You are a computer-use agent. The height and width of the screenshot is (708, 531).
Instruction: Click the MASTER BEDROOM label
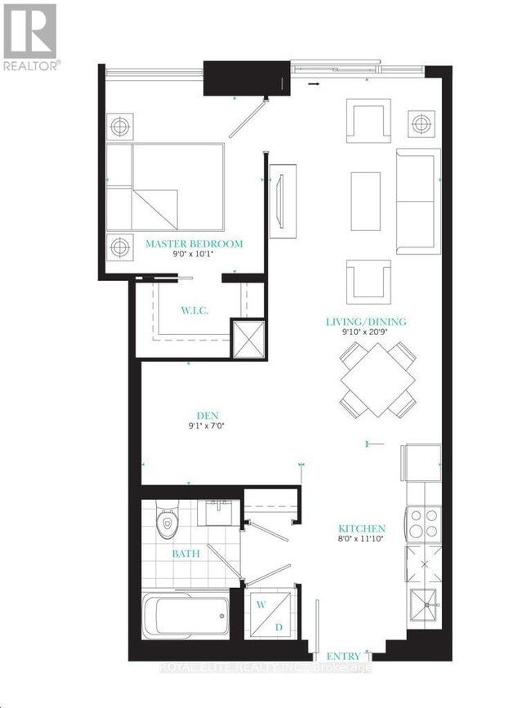click(x=194, y=244)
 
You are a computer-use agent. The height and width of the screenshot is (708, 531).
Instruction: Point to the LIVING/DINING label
click(x=366, y=322)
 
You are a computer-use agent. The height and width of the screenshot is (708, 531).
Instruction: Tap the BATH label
click(x=185, y=554)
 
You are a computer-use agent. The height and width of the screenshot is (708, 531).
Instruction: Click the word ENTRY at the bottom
click(x=343, y=656)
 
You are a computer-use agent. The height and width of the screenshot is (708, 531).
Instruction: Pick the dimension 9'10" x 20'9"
click(x=366, y=333)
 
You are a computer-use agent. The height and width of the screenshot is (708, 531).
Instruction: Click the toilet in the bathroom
click(x=167, y=523)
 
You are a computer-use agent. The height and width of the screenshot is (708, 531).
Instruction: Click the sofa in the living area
click(x=418, y=201)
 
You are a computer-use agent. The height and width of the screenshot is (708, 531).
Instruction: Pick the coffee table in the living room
click(x=365, y=201)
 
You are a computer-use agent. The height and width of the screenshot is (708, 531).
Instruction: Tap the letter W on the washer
click(x=262, y=604)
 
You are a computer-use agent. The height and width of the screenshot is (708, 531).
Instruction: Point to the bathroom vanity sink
click(x=216, y=511)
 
